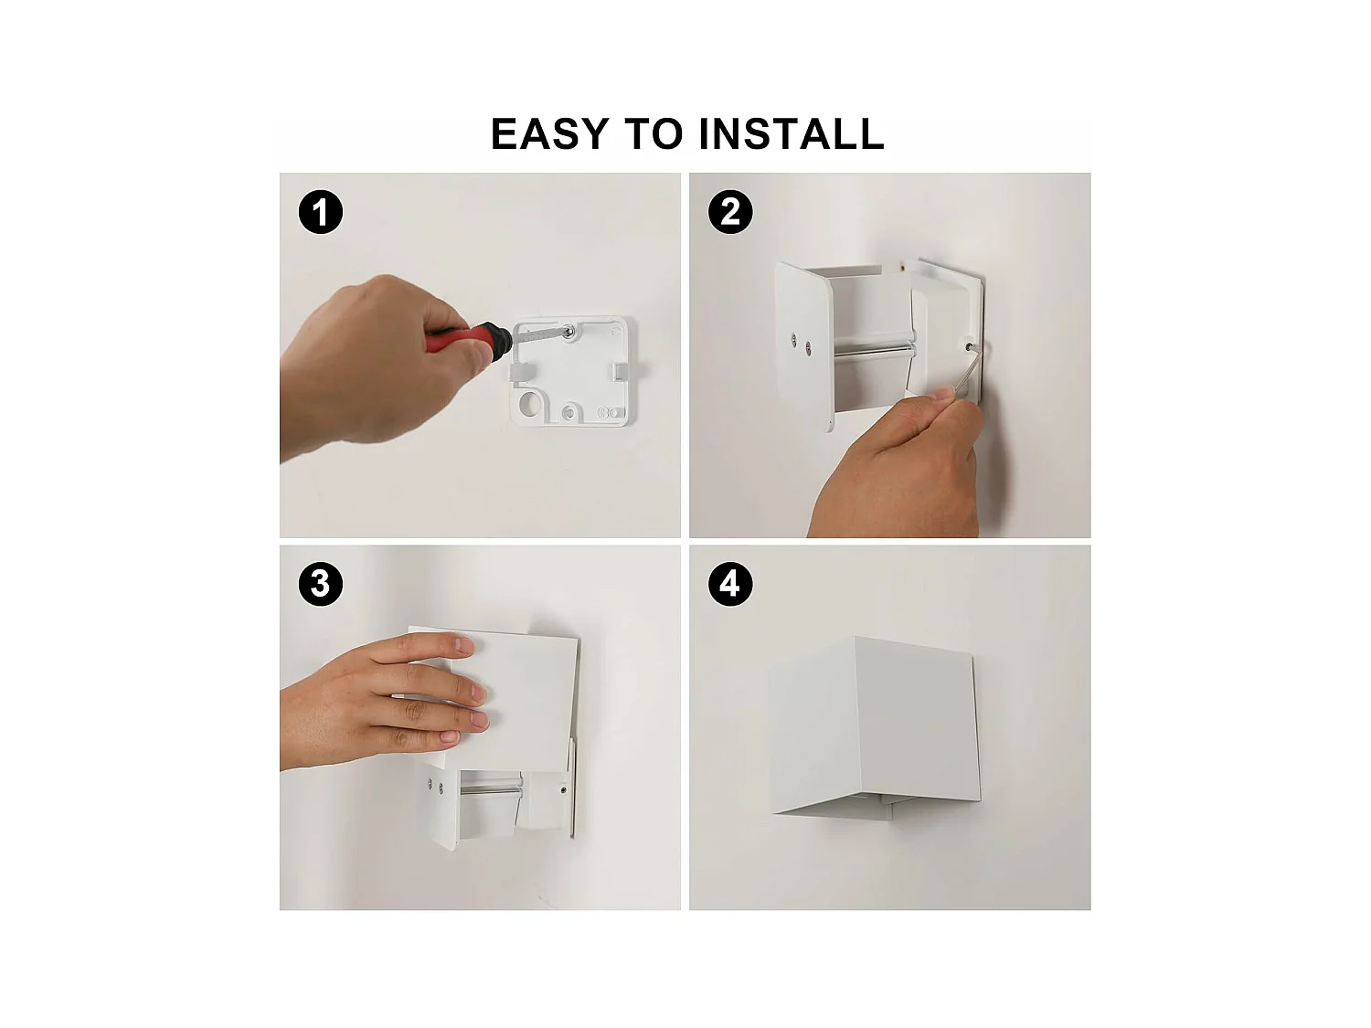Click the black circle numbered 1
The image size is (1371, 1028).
(321, 213)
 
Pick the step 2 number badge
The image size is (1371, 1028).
(730, 213)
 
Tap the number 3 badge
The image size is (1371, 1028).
(321, 584)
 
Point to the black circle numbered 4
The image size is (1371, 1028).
(730, 584)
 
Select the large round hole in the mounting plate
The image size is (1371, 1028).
(528, 403)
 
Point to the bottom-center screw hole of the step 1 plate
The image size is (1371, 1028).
(569, 413)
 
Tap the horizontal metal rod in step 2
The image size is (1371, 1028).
(873, 348)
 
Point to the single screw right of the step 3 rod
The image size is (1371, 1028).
(563, 790)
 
